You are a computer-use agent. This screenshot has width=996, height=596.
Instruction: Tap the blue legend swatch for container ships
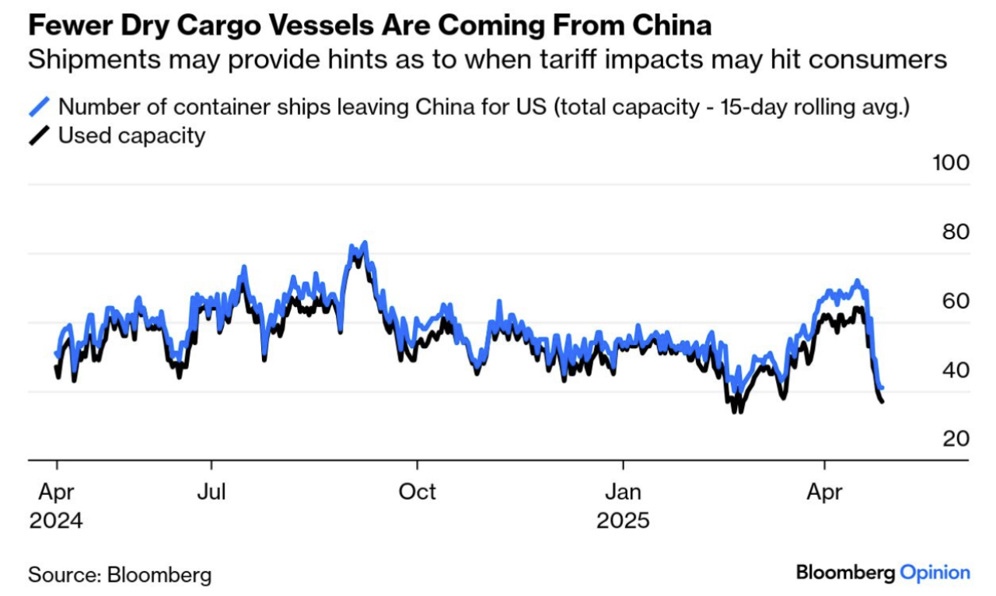40,106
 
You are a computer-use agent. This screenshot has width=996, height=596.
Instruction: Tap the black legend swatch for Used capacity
40,136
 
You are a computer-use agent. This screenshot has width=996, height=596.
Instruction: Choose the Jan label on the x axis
623,491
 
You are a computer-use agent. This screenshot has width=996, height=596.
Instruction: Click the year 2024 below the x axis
55,520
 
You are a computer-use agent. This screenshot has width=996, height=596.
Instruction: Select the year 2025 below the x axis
623,520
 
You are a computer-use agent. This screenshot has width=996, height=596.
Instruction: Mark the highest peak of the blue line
364,242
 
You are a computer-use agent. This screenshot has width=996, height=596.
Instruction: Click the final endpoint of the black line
882,402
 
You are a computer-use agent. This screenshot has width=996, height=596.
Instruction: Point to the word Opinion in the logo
935,573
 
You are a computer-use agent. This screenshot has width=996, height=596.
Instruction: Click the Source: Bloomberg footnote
120,575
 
